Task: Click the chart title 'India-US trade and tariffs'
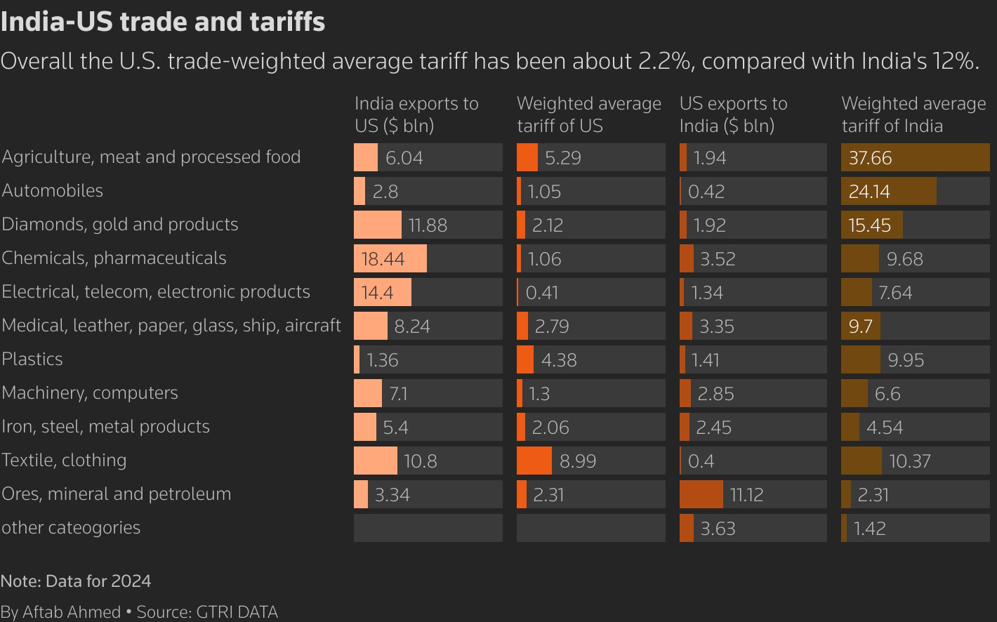pos(163,22)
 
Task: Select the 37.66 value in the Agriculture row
pos(870,158)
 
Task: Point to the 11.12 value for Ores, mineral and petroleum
pos(746,495)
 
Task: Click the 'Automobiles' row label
pos(53,190)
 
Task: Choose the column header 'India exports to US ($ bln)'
pos(416,114)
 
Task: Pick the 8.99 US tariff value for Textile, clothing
pos(578,461)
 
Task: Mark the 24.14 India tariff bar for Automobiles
pos(888,192)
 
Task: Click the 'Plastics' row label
pos(32,359)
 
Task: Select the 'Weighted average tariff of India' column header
pos(913,114)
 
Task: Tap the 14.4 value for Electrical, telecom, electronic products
pos(378,293)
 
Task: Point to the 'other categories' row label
pos(71,527)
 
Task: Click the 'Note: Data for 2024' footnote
pos(76,581)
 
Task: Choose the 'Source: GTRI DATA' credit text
pos(207,612)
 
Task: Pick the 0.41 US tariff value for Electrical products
pos(542,293)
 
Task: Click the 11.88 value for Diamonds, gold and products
pos(428,225)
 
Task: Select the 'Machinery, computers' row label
pos(90,392)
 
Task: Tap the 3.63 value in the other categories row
pos(718,529)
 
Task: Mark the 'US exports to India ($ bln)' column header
pos(733,114)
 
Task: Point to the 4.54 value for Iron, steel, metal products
pos(885,428)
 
